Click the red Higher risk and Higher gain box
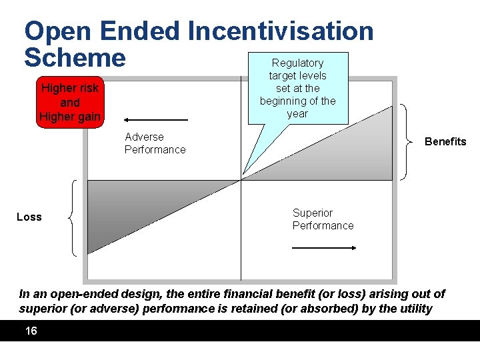pyautogui.click(x=70, y=103)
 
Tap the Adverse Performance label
pyautogui.click(x=155, y=143)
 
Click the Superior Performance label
pyautogui.click(x=323, y=219)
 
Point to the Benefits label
pyautogui.click(x=445, y=141)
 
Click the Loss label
pyautogui.click(x=29, y=217)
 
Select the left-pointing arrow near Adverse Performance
pyautogui.click(x=157, y=121)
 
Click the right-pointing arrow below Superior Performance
pyautogui.click(x=325, y=247)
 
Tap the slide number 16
pyautogui.click(x=31, y=331)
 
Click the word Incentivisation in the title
pyautogui.click(x=281, y=31)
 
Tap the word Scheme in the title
pyautogui.click(x=75, y=58)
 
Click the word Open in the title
pyautogui.click(x=57, y=31)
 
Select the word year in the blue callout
pyautogui.click(x=297, y=113)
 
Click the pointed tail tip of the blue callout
pyautogui.click(x=243, y=173)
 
